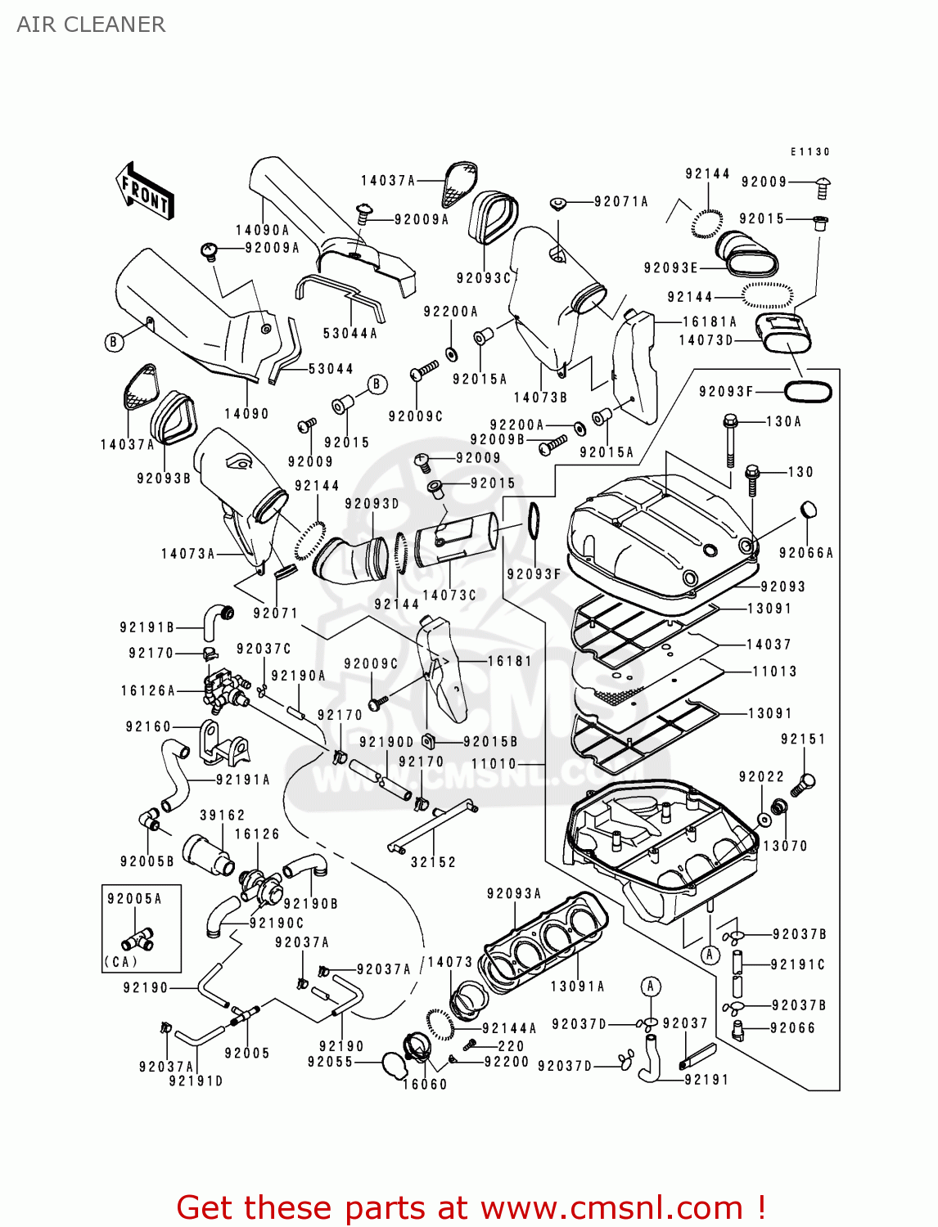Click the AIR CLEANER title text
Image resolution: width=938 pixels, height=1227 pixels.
91,25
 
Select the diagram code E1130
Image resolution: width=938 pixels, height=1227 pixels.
809,151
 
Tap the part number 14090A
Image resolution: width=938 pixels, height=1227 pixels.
262,231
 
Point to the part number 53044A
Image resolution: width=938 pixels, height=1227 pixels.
349,333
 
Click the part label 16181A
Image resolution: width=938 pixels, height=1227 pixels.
710,321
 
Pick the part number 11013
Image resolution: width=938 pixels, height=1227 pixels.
774,672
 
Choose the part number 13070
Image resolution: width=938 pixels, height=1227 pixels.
785,846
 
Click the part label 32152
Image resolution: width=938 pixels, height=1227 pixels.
433,862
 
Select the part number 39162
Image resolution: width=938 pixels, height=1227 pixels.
222,816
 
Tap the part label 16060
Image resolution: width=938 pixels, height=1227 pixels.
425,1085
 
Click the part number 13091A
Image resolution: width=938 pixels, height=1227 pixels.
577,987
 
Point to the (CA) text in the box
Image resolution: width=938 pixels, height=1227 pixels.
120,962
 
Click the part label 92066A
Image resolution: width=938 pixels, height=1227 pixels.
805,553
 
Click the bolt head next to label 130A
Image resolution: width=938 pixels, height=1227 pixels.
730,422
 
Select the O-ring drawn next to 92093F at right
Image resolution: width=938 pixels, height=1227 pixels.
808,392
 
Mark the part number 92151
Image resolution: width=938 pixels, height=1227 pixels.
803,739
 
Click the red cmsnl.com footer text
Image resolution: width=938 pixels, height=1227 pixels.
471,1207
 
